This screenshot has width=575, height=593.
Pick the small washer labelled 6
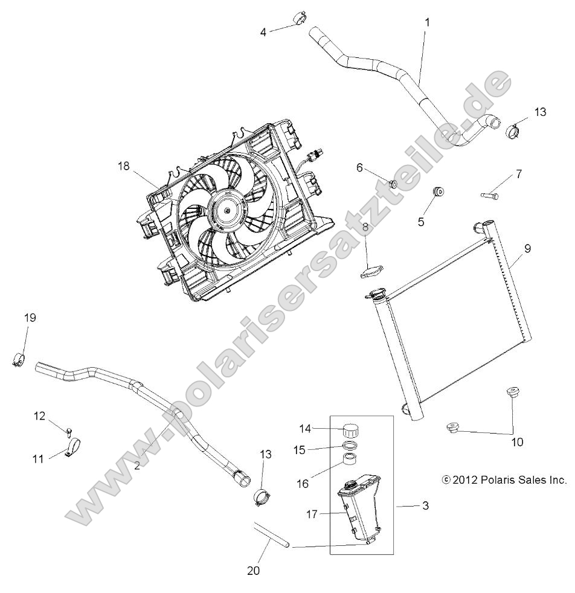click(x=392, y=184)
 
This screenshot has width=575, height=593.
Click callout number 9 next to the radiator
click(x=527, y=248)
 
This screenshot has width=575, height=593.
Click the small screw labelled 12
click(x=70, y=431)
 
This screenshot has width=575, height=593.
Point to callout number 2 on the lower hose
click(x=137, y=465)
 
